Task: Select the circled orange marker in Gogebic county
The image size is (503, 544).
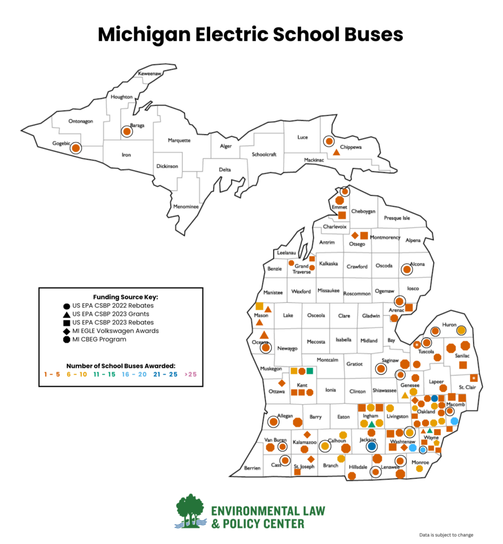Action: pyautogui.click(x=76, y=148)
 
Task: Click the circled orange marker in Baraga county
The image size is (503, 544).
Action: pyautogui.click(x=127, y=131)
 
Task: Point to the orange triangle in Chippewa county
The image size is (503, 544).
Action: pyautogui.click(x=336, y=152)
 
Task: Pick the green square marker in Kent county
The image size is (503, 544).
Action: pyautogui.click(x=310, y=371)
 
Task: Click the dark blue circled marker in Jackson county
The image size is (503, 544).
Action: pyautogui.click(x=372, y=446)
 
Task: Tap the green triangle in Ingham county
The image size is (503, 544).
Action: pyautogui.click(x=372, y=423)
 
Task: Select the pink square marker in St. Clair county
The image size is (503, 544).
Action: pyautogui.click(x=474, y=378)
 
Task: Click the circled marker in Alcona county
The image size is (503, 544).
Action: pyautogui.click(x=407, y=269)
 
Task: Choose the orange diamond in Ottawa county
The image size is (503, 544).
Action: pyautogui.click(x=282, y=382)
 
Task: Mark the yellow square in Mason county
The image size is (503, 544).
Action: pyautogui.click(x=259, y=306)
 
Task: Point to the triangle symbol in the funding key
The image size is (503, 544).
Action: pyautogui.click(x=66, y=314)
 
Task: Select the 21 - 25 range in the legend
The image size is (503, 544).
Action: pyautogui.click(x=165, y=374)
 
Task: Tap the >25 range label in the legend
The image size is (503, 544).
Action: pyautogui.click(x=190, y=374)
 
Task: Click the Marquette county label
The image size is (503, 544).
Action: pyautogui.click(x=179, y=140)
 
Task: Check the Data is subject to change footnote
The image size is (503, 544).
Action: pyautogui.click(x=446, y=535)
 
